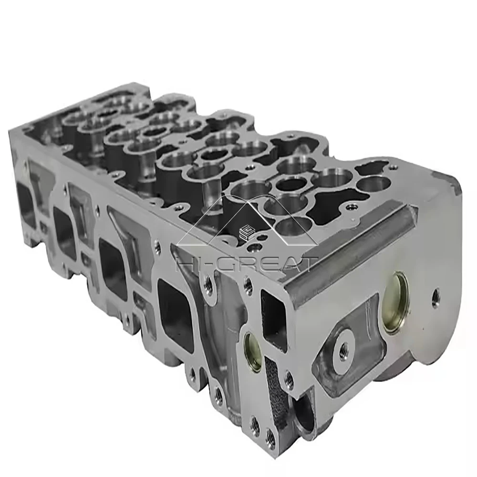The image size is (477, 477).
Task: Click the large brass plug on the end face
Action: click(395, 303)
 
